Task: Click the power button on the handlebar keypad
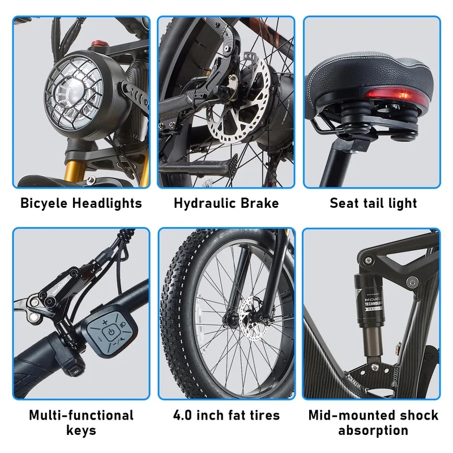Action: [111, 331]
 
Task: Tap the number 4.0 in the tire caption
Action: [185, 415]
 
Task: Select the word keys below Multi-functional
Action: [81, 430]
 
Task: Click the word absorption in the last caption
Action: [373, 430]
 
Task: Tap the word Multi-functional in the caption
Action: [81, 415]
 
